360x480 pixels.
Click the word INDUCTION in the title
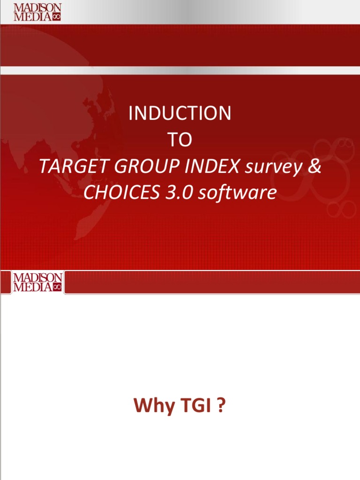[x=180, y=113]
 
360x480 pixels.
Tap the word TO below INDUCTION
[x=180, y=140]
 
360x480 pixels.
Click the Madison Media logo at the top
[x=37, y=12]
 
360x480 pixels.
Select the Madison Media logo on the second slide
[x=37, y=282]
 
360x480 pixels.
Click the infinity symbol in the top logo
[x=57, y=17]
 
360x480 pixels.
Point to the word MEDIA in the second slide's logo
[x=32, y=287]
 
